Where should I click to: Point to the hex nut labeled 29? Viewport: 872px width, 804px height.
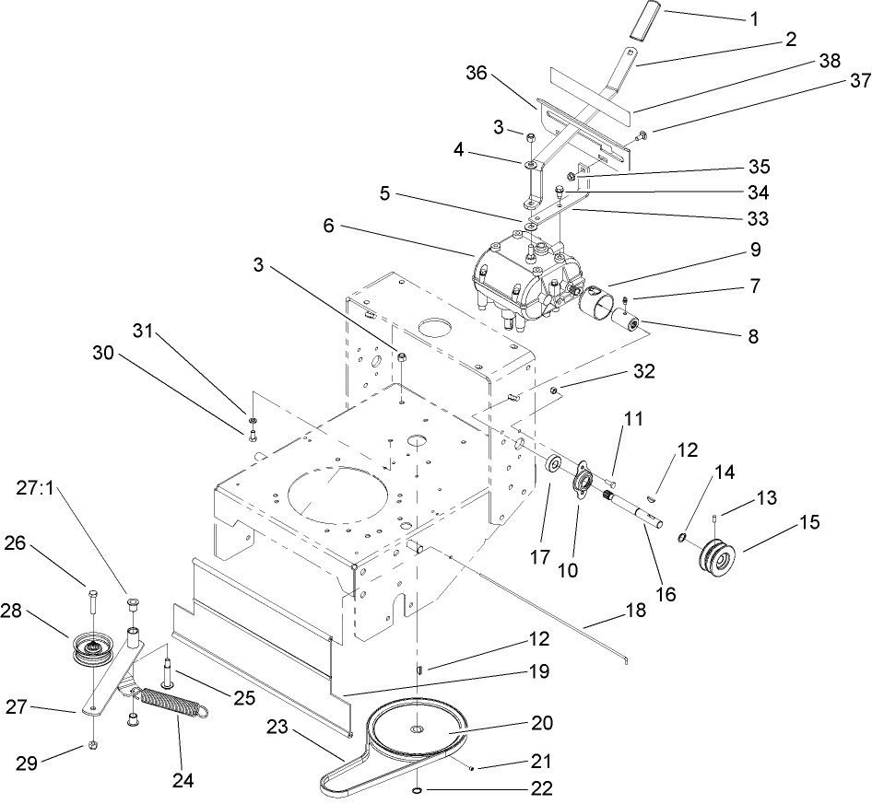(95, 744)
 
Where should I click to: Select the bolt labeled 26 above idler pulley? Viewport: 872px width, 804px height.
(93, 600)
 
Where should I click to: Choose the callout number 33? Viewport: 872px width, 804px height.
(757, 218)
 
